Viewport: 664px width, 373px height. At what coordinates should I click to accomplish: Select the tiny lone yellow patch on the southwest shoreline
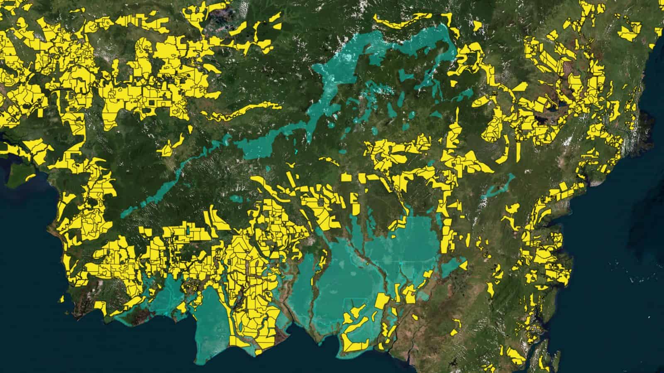(x=61, y=298)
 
